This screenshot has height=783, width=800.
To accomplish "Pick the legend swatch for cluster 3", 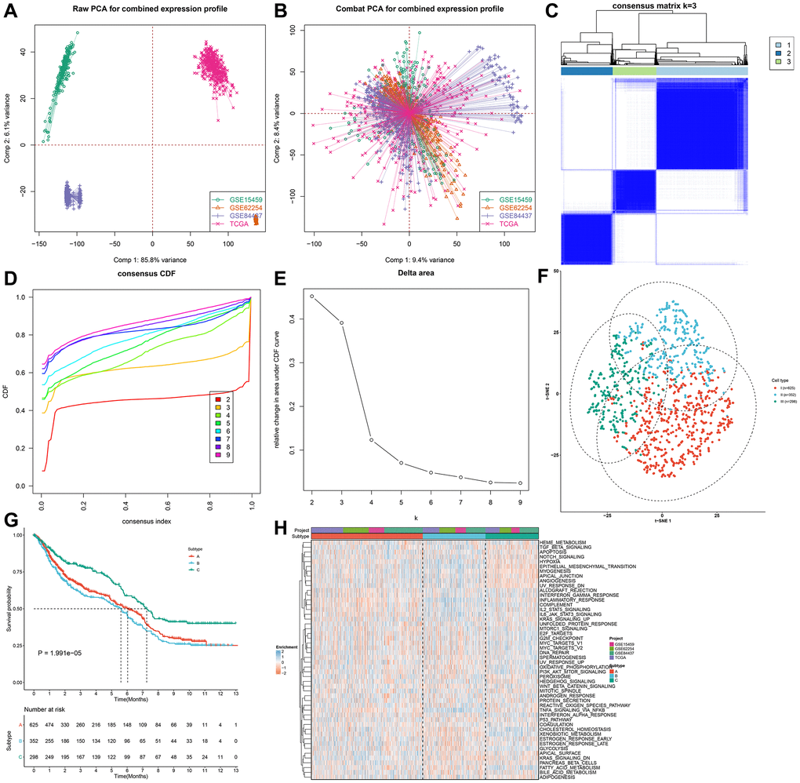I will pos(769,60).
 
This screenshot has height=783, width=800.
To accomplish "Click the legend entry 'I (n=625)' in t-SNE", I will pos(784,388).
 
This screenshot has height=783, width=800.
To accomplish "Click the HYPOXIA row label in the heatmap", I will pos(551,562).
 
